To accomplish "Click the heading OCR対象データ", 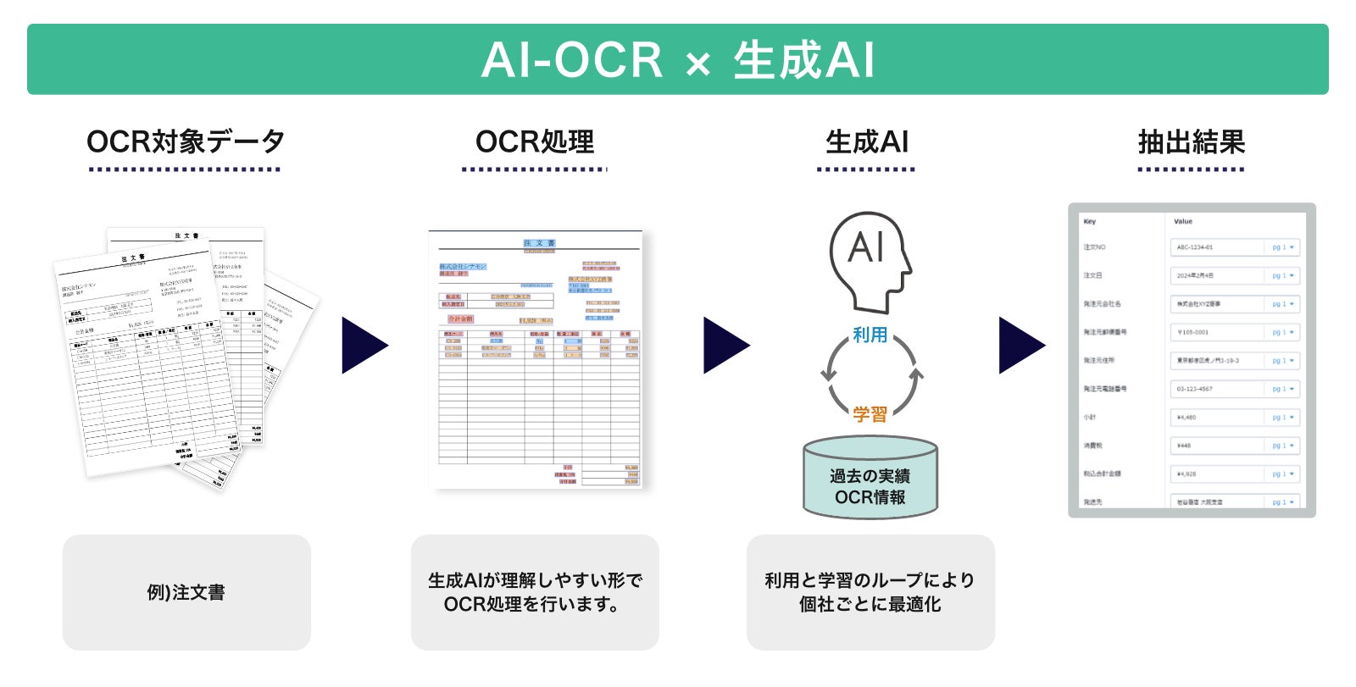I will [x=185, y=142].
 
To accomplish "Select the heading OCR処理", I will [x=535, y=142].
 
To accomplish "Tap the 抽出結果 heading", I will [x=1191, y=142].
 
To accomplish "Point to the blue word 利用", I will [x=870, y=335].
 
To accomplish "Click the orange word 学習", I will [x=870, y=414].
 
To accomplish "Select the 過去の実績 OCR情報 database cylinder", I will [x=870, y=478].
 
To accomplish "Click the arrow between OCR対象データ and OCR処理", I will [x=364, y=345].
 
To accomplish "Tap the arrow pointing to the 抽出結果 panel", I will [x=1020, y=345].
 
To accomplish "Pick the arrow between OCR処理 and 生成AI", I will [x=725, y=345].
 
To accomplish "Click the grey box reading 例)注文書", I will [x=186, y=592].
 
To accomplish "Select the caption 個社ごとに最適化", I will [x=870, y=605].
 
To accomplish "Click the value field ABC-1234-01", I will [x=1217, y=247].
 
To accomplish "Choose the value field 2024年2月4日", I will [x=1217, y=275].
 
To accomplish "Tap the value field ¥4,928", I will [x=1217, y=474].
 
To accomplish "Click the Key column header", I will [x=1089, y=222].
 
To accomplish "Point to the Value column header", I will [x=1182, y=222].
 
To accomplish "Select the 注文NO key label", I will [x=1094, y=247].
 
